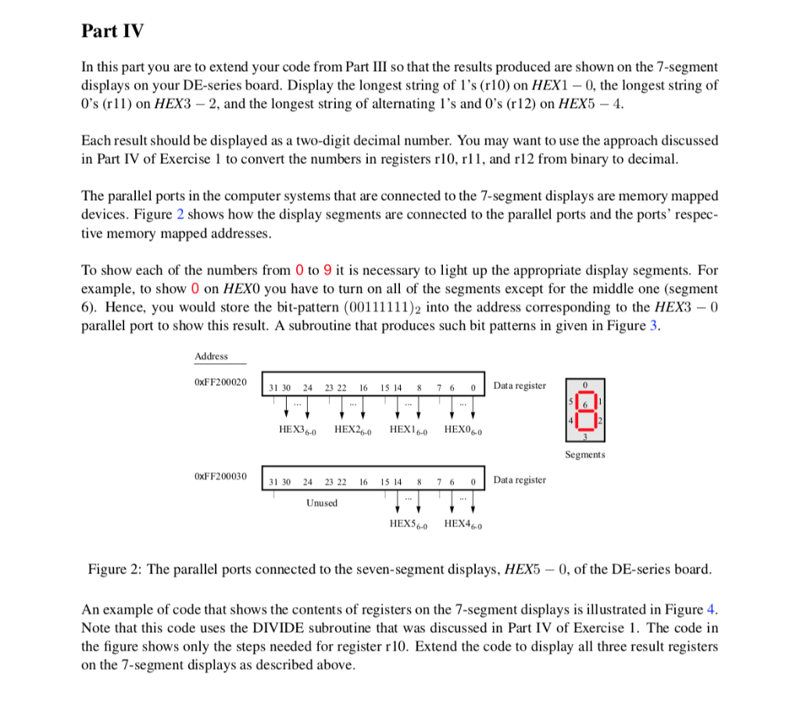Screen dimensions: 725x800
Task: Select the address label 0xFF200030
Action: (x=220, y=476)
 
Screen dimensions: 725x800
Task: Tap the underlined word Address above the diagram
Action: (x=211, y=356)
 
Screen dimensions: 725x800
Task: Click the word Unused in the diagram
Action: (x=322, y=502)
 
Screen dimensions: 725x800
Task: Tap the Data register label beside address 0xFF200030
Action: (x=520, y=480)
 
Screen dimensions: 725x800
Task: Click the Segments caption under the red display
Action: (x=584, y=454)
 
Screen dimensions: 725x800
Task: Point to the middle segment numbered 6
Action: (x=584, y=404)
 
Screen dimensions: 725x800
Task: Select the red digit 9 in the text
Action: (x=328, y=270)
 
